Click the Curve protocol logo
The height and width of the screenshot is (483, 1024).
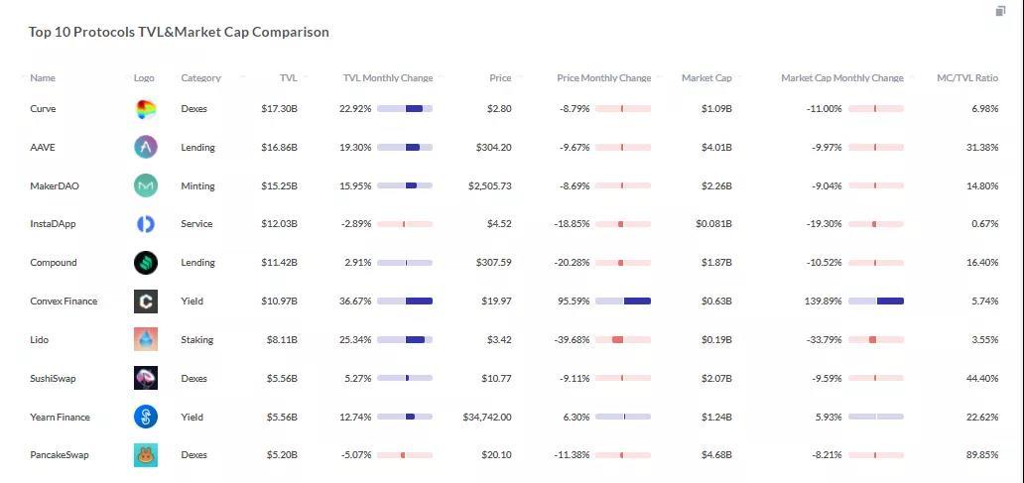point(146,109)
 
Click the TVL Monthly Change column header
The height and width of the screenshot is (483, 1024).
point(387,78)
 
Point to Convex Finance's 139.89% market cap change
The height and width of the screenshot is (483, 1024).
point(821,302)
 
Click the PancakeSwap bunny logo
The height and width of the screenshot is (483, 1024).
point(146,455)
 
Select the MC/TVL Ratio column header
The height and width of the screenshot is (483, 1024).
point(967,78)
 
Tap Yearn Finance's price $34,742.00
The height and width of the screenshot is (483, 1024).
point(487,418)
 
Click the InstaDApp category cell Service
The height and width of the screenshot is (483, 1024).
point(196,224)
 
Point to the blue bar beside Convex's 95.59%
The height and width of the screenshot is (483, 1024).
point(637,302)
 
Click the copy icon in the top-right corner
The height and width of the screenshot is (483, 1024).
point(1000,11)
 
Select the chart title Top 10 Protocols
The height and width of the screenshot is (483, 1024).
point(179,32)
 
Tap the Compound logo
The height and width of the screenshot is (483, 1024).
point(146,263)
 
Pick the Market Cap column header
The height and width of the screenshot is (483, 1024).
point(706,78)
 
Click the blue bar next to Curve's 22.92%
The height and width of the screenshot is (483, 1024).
point(414,109)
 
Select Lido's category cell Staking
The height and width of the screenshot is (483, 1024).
point(196,340)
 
